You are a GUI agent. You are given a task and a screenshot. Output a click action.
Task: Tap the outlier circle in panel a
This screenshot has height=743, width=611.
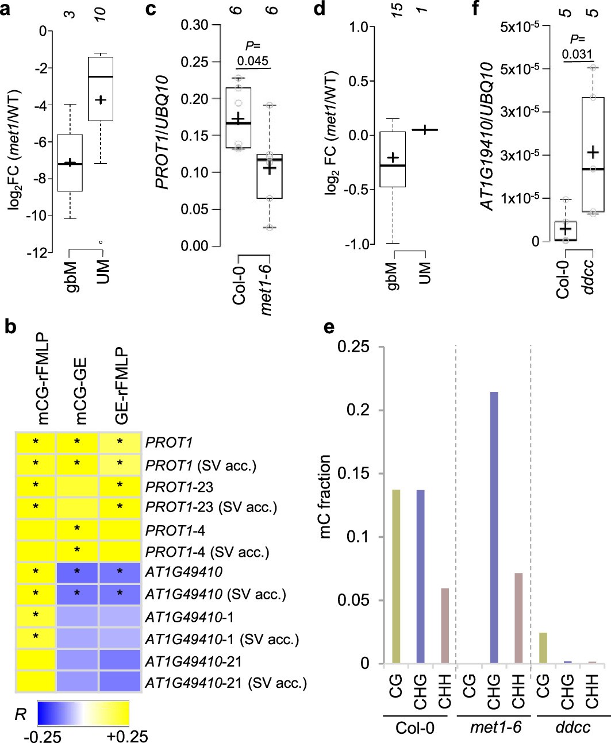tap(101, 242)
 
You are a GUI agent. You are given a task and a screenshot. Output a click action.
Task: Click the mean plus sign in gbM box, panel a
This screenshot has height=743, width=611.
tap(71, 163)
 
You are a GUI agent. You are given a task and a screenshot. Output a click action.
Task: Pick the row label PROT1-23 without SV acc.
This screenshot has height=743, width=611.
tap(172, 487)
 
